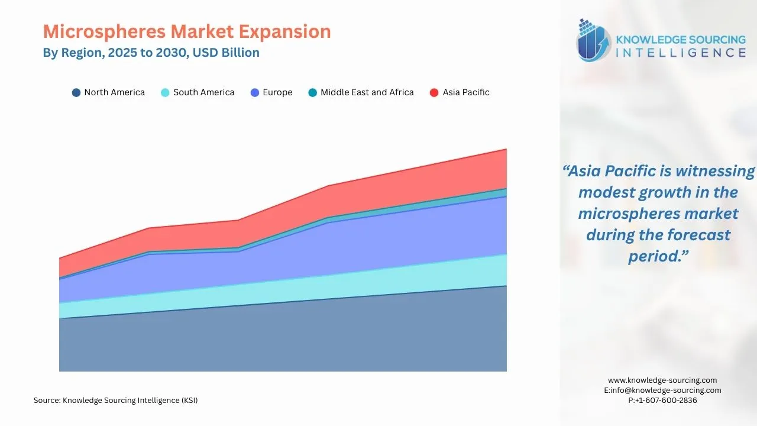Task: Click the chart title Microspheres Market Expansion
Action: click(186, 31)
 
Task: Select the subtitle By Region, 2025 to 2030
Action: click(151, 53)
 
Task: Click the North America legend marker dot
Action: click(76, 93)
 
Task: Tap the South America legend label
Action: click(203, 92)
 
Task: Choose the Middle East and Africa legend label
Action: click(367, 92)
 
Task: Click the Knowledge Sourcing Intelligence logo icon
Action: click(594, 41)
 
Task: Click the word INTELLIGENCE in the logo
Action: click(681, 53)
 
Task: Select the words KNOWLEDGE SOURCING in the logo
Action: click(681, 40)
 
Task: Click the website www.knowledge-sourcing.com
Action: click(662, 380)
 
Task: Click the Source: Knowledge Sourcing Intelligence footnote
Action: click(116, 401)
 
